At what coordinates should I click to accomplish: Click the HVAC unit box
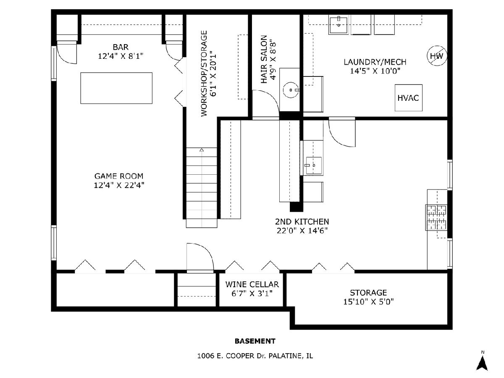click(x=409, y=98)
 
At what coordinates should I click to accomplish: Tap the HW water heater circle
click(x=437, y=56)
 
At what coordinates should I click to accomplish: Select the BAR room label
click(x=121, y=47)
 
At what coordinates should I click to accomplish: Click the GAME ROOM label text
click(x=119, y=176)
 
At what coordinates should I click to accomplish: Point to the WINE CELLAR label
click(x=252, y=284)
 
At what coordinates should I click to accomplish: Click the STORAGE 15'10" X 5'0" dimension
click(x=368, y=302)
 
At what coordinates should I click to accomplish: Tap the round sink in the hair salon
click(x=291, y=90)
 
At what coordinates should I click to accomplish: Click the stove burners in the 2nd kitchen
click(x=436, y=217)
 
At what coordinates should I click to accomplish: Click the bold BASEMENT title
click(x=255, y=341)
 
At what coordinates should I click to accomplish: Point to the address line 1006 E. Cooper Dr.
click(x=255, y=356)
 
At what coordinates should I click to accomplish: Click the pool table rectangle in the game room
click(x=116, y=88)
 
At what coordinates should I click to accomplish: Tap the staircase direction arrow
click(x=202, y=150)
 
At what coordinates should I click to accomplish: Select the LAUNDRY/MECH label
click(x=375, y=62)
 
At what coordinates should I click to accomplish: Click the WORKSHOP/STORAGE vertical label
click(x=204, y=73)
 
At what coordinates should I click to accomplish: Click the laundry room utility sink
click(x=339, y=25)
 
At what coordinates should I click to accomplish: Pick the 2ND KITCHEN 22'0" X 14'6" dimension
click(x=302, y=231)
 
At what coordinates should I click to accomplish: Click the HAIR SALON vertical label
click(x=264, y=59)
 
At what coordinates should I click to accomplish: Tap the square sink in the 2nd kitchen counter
click(x=314, y=165)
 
